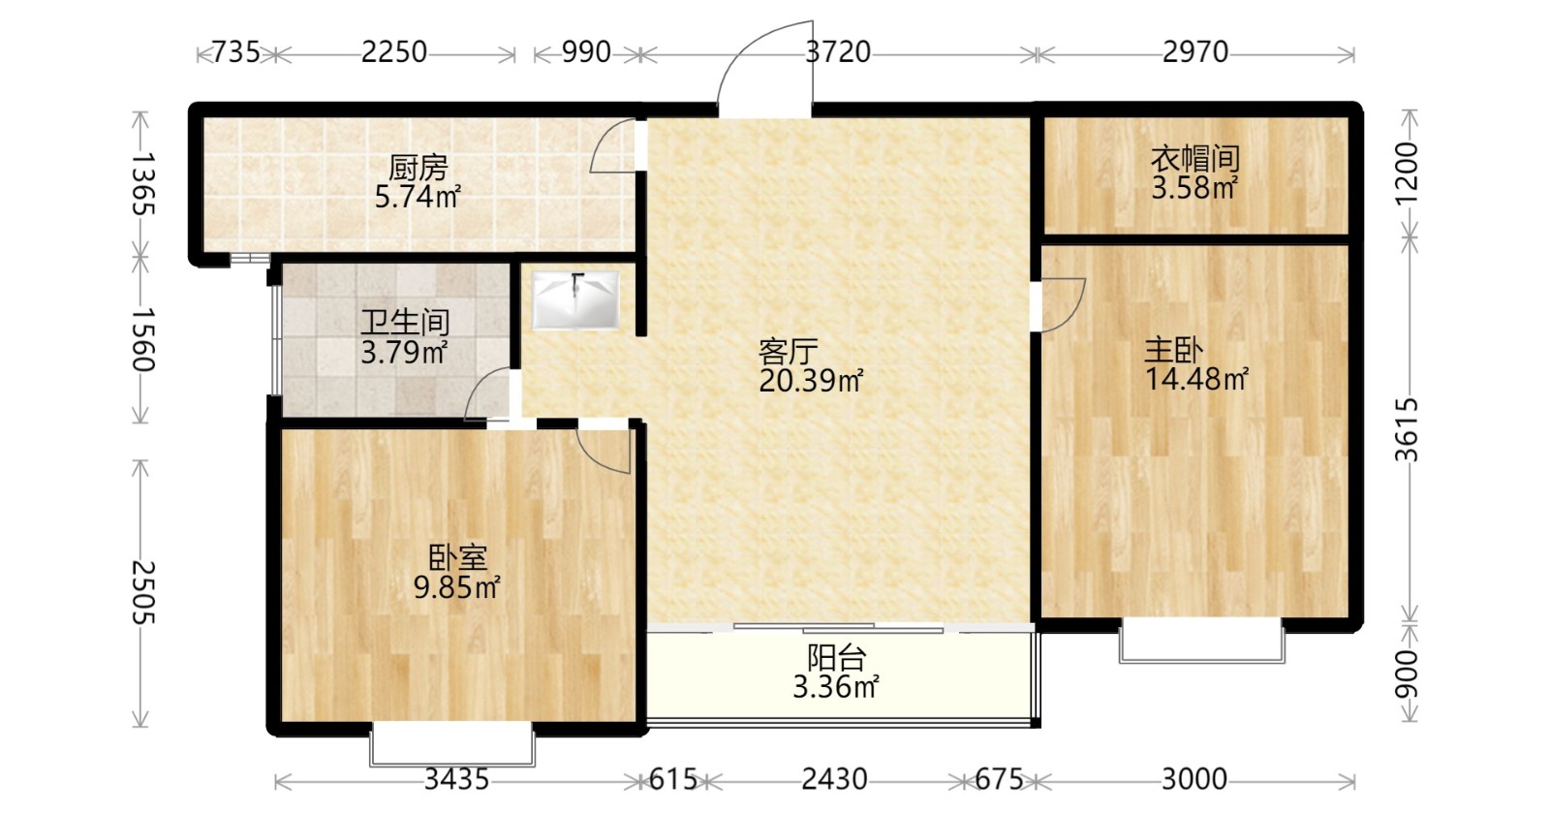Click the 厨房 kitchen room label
coord(418,169)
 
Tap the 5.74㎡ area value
coord(418,198)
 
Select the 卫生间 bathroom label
coord(405,323)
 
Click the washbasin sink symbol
coord(575,299)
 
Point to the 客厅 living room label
coord(789,352)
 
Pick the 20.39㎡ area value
coord(811,380)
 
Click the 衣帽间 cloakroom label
coord(1195,159)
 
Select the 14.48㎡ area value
coord(1197,379)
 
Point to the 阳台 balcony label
coord(836,658)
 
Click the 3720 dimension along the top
coord(838,52)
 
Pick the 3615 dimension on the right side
coord(1406,429)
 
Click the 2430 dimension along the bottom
coord(834,780)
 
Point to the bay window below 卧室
coord(451,744)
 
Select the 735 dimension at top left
coord(236,52)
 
